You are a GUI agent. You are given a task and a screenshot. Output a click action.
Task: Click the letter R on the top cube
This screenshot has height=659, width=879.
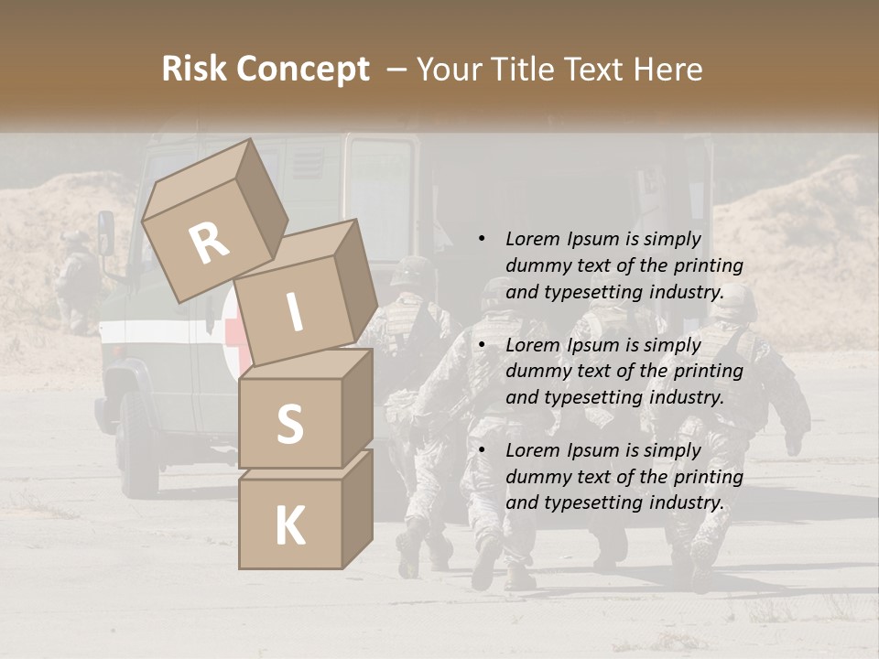coord(209,243)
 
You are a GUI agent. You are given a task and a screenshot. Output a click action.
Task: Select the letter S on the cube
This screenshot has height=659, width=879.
coord(289,424)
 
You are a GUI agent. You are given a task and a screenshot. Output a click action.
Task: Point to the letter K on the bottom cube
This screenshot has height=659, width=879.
coord(289,526)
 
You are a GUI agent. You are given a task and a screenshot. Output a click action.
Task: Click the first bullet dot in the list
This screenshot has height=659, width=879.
coord(482,240)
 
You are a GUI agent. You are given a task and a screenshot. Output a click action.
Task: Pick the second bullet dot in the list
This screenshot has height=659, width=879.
coord(482,345)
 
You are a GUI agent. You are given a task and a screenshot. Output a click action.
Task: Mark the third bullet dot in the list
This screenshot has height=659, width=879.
coord(482,450)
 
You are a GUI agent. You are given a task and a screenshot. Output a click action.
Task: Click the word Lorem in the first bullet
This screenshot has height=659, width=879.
coord(528,239)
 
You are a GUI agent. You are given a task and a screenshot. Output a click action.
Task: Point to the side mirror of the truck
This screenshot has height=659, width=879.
coord(106,233)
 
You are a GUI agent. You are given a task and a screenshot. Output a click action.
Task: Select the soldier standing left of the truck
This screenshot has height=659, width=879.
coord(75,279)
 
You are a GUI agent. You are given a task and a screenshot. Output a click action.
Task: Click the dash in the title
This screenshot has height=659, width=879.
coord(398,70)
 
